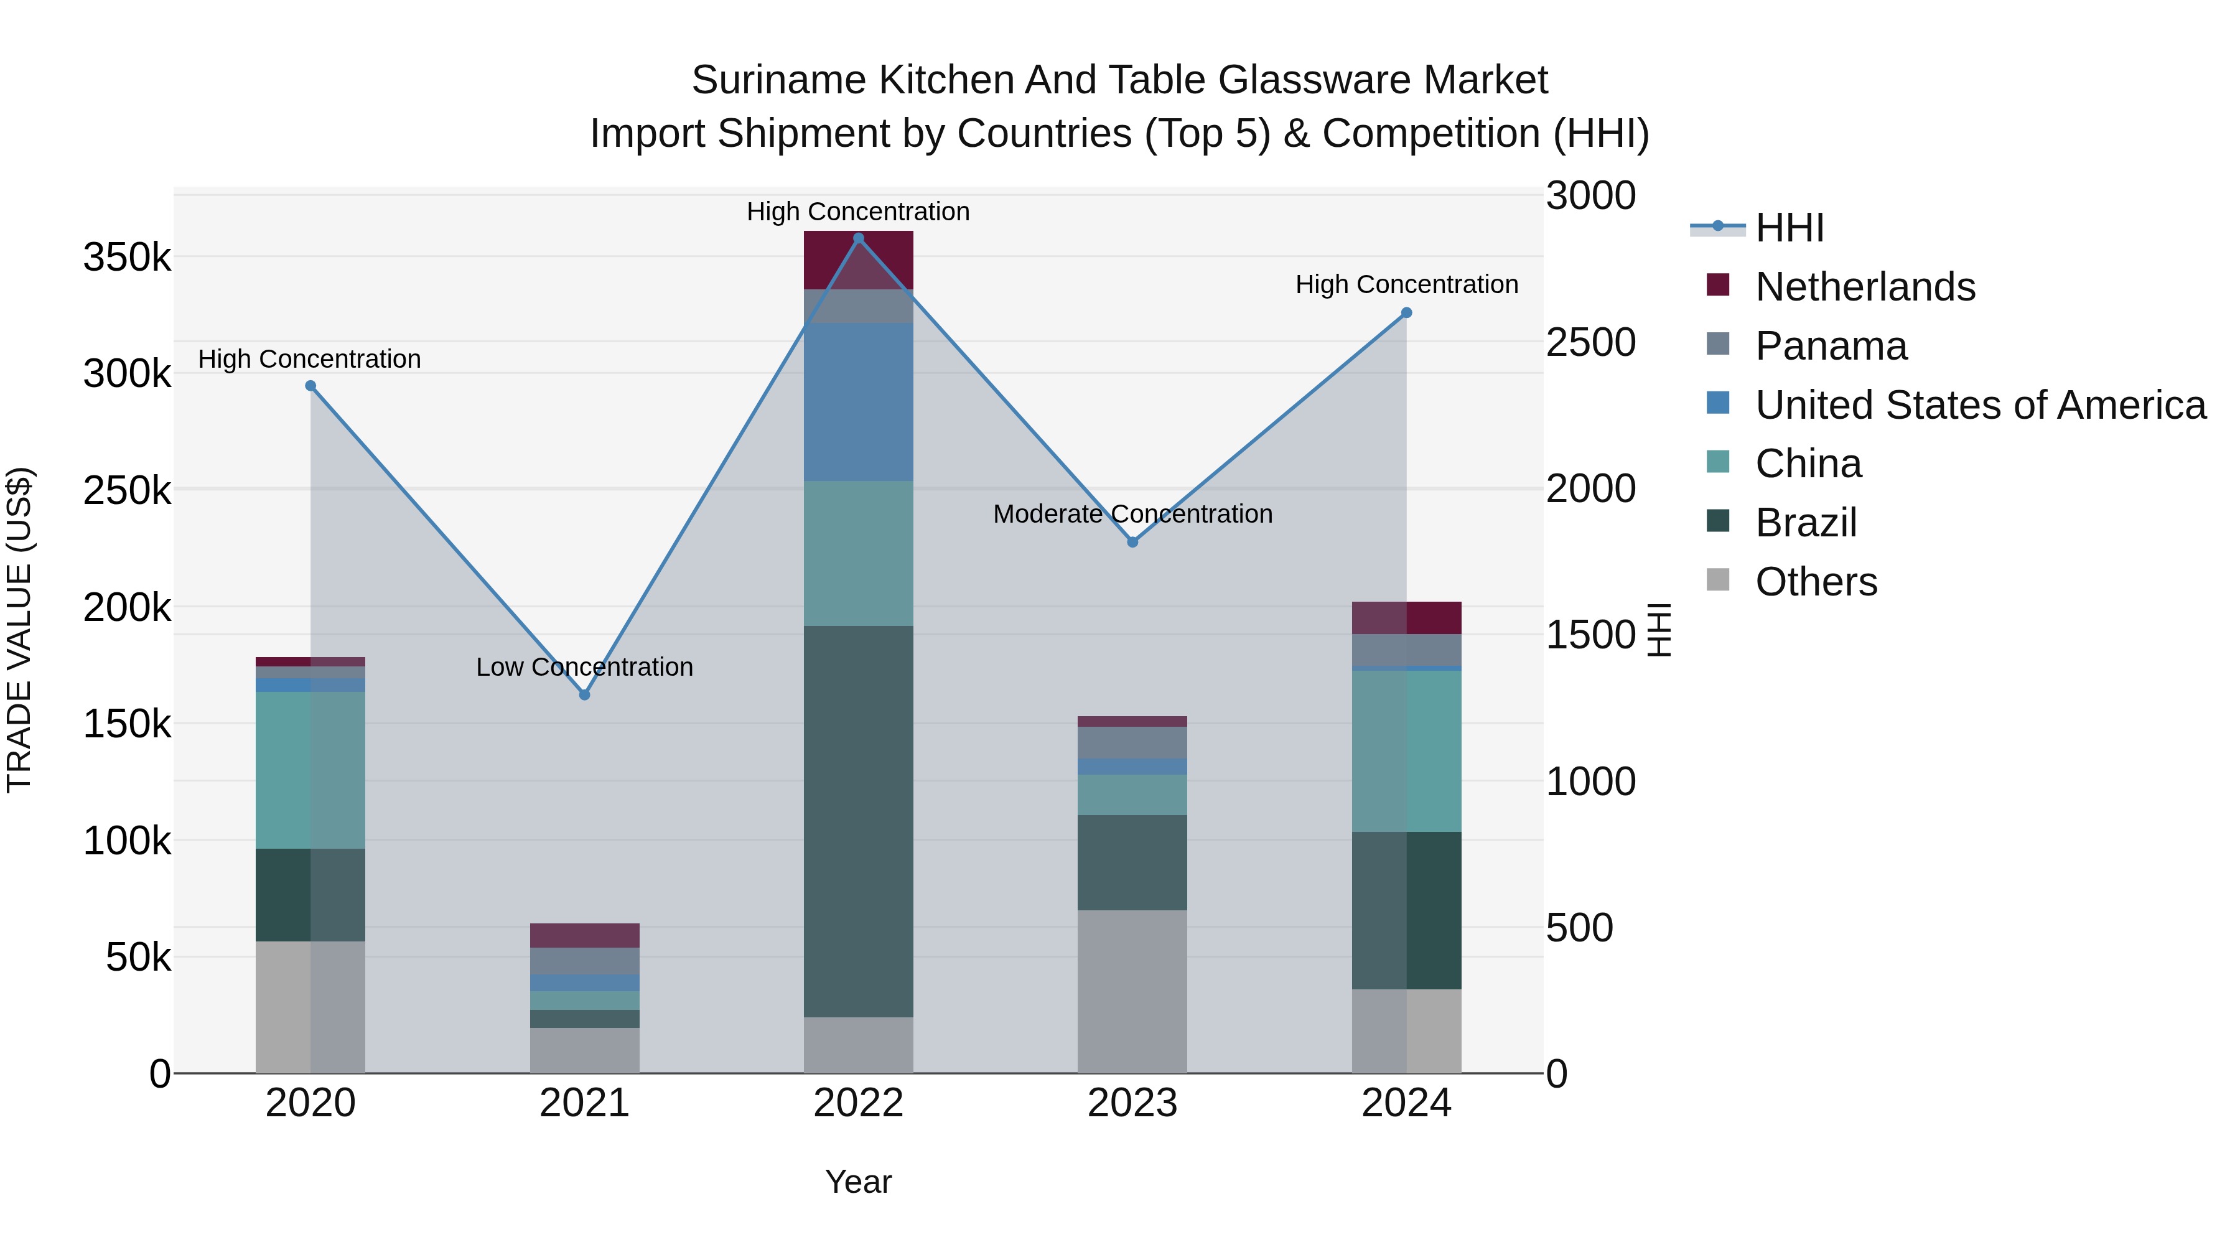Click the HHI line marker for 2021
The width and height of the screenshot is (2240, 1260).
[x=584, y=695]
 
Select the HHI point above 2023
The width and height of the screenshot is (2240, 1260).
[x=1132, y=542]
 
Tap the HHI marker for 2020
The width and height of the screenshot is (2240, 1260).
[x=310, y=386]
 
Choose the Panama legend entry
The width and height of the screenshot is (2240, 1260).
[x=1831, y=346]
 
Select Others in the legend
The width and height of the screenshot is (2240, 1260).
[x=1816, y=582]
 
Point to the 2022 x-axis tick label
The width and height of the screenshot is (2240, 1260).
[x=858, y=1103]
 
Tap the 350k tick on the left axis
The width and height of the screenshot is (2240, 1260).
[x=127, y=258]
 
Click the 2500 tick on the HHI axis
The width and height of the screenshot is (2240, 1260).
[x=1590, y=343]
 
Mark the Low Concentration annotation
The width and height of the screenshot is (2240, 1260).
[x=584, y=667]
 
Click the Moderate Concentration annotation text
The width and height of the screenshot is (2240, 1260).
[x=1132, y=514]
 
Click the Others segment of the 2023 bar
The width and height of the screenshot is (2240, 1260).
[x=1132, y=991]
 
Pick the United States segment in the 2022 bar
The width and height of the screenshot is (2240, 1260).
[x=858, y=402]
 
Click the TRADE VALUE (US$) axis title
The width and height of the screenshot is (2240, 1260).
[x=19, y=630]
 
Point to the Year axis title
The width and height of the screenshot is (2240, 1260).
[x=858, y=1182]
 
